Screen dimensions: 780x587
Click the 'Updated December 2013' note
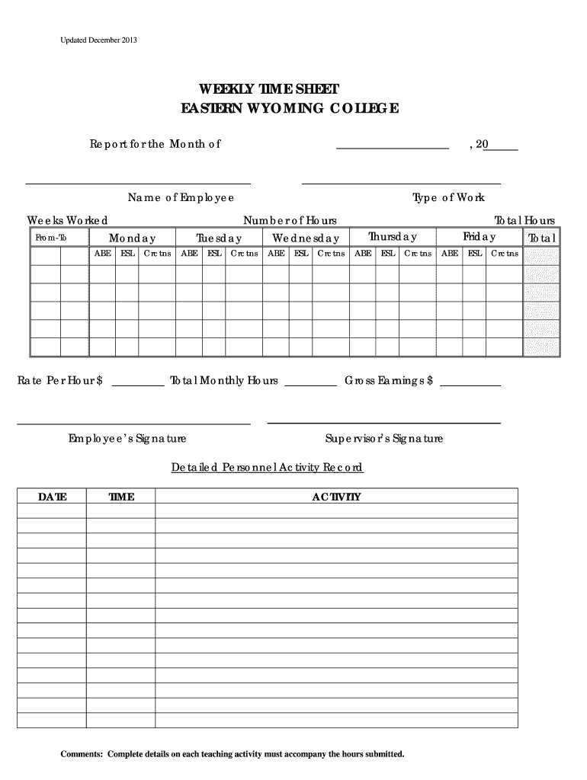99,39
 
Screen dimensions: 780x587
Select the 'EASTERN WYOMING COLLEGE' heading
289,109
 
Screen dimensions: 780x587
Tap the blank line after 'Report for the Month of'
392,145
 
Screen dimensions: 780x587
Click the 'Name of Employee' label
181,198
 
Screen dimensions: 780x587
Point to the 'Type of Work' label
448,198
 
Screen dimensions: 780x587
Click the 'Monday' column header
132,238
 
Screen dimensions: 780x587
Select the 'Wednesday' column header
306,238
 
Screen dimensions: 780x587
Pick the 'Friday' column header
479,238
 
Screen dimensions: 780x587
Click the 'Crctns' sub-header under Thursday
418,254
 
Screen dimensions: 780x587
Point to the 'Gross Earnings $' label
389,381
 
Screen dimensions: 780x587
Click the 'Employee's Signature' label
127,439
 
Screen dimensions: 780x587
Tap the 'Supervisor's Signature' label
383,439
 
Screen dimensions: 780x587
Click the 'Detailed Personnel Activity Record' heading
267,467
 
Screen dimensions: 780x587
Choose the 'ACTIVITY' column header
336,497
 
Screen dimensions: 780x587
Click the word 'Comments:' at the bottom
82,754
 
